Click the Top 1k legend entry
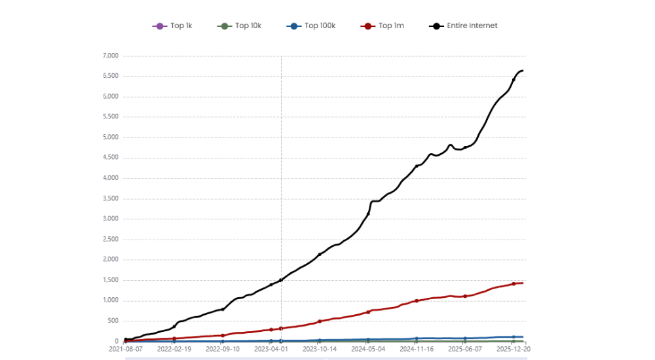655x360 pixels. click(x=172, y=26)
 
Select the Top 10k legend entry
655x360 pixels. click(x=239, y=26)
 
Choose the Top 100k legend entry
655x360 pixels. click(x=311, y=26)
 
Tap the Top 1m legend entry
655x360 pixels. click(x=383, y=26)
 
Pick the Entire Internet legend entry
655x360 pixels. click(x=464, y=26)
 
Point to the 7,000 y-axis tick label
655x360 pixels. click(x=110, y=56)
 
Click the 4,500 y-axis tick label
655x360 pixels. click(x=110, y=158)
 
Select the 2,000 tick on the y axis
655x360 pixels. click(x=110, y=260)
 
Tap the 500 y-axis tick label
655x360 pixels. click(x=113, y=321)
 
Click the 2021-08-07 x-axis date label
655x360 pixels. click(x=126, y=350)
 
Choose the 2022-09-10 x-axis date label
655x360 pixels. click(x=223, y=350)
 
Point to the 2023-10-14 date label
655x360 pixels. click(x=320, y=350)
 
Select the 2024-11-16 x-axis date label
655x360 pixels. click(x=417, y=350)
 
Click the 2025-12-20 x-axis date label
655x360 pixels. click(x=514, y=350)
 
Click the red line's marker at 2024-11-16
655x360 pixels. click(x=417, y=300)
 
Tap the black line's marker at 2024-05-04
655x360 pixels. click(x=368, y=214)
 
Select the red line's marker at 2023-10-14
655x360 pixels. click(x=320, y=321)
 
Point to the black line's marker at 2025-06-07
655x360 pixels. click(x=465, y=148)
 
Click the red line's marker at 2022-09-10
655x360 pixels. click(x=223, y=335)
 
